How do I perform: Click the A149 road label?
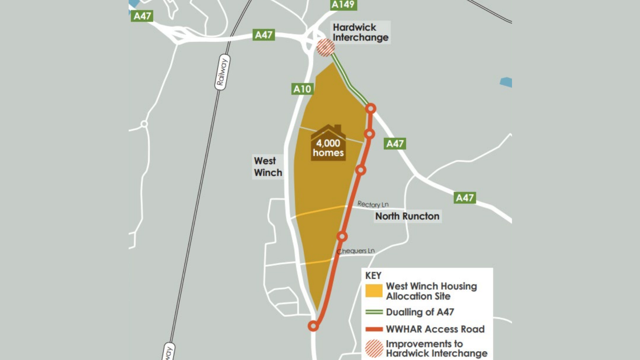(343, 5)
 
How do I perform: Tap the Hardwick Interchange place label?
(361, 32)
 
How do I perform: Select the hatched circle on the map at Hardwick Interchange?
(325, 48)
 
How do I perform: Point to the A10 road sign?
(302, 89)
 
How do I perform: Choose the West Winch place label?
(268, 167)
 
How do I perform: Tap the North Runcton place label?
(407, 216)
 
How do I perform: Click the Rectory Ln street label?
(373, 204)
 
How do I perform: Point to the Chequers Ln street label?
(356, 251)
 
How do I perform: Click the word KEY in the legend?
(373, 276)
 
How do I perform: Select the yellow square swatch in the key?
(374, 291)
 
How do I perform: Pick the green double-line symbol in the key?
(374, 312)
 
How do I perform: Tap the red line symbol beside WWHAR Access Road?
(374, 329)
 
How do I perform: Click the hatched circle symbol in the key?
(374, 348)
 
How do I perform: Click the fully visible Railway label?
(222, 72)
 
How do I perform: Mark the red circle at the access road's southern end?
(313, 326)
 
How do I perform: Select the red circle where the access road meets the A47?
(371, 109)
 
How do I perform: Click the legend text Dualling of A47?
(420, 312)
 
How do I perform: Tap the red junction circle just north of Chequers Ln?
(342, 236)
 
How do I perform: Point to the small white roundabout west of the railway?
(144, 124)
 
